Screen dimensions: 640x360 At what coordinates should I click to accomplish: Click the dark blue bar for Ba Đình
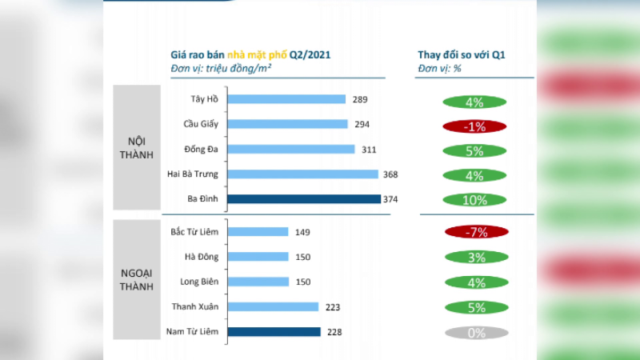(x=304, y=198)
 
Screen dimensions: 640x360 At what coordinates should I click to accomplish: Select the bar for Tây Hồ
(x=286, y=99)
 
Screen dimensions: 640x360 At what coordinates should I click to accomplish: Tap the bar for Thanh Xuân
(x=273, y=306)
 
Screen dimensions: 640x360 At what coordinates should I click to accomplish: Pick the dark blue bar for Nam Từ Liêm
(x=274, y=332)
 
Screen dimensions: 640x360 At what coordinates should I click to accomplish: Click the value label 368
(x=390, y=174)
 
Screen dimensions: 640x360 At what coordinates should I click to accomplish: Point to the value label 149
(x=302, y=232)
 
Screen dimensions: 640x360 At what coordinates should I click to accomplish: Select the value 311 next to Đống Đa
(x=369, y=150)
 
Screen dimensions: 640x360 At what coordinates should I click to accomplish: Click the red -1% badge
(x=474, y=126)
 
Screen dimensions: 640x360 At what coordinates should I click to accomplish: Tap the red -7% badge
(x=476, y=232)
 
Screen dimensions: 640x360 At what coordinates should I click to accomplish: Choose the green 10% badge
(x=474, y=200)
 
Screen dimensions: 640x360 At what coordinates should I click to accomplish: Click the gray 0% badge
(x=476, y=333)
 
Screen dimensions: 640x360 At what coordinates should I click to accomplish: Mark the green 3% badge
(x=476, y=257)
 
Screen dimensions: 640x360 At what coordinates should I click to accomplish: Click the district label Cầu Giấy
(x=201, y=124)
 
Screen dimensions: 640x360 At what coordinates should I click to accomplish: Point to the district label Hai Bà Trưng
(x=193, y=174)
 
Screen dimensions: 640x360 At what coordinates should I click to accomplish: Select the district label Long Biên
(x=199, y=282)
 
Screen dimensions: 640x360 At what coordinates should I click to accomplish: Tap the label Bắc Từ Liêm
(x=194, y=232)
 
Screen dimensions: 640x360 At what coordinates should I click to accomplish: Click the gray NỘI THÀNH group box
(x=137, y=147)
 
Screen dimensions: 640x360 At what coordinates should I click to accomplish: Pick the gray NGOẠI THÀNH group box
(x=137, y=279)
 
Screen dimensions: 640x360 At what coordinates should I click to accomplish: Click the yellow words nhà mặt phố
(x=257, y=55)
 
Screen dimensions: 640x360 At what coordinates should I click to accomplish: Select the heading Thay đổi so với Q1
(x=462, y=54)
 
